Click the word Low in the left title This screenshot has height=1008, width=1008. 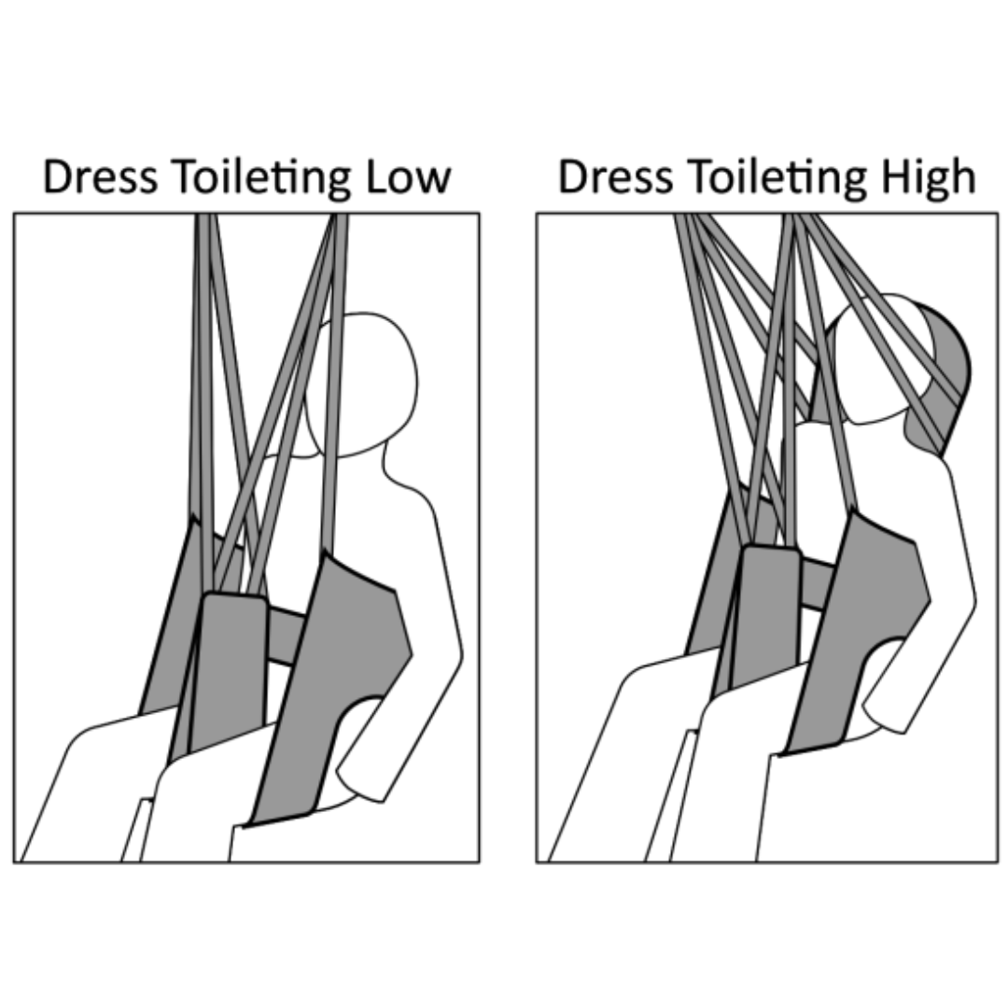click(x=408, y=177)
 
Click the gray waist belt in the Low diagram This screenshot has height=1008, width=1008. click(x=285, y=635)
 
